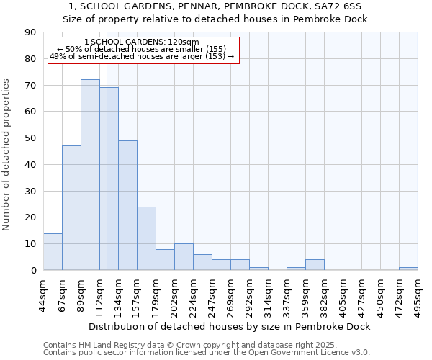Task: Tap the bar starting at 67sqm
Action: [71, 208]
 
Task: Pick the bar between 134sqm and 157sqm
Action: [127, 205]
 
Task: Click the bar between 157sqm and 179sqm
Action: [146, 238]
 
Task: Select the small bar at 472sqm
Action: [408, 269]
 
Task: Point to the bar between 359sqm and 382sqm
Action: [315, 265]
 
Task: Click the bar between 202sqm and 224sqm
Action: [184, 257]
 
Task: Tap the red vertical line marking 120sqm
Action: [107, 180]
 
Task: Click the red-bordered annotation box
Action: [142, 49]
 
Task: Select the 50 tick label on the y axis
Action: [30, 138]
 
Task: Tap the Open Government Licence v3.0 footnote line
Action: [207, 353]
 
